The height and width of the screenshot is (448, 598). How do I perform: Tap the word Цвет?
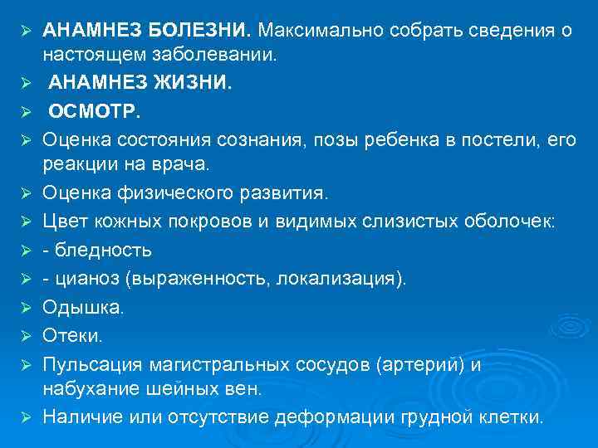pyautogui.click(x=64, y=222)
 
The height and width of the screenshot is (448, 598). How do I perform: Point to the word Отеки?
pyautogui.click(x=73, y=334)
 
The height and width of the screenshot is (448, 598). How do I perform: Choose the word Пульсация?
pyautogui.click(x=92, y=363)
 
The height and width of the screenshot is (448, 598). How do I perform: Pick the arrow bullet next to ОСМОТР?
pyautogui.click(x=26, y=111)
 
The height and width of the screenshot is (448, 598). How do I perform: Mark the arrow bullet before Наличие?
pyautogui.click(x=26, y=417)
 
